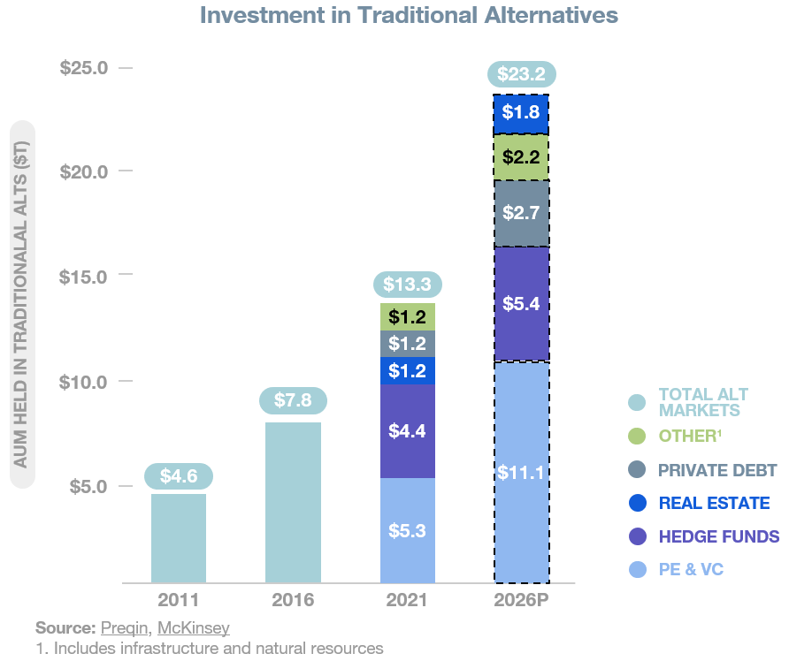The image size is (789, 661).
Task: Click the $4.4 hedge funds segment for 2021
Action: point(407,431)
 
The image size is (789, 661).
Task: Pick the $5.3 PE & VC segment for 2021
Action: point(407,530)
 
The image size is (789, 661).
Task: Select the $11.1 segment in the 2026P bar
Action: point(522,473)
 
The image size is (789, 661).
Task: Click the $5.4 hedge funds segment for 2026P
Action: point(522,304)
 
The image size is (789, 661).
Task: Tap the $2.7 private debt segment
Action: point(522,214)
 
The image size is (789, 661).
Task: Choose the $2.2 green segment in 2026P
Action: point(522,157)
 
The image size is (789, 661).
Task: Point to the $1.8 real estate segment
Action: point(522,113)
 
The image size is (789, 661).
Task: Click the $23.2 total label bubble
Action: point(521,75)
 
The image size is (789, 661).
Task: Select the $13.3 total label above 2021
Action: point(407,285)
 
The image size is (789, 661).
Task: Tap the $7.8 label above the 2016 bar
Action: point(293,400)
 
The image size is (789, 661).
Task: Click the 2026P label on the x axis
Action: point(521,601)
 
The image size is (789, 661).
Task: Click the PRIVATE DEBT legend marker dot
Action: point(637,469)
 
